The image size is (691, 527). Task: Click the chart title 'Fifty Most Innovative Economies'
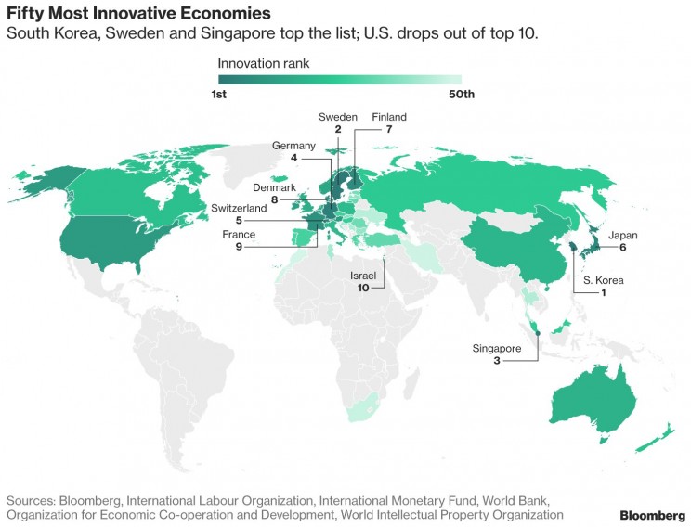pyautogui.click(x=139, y=14)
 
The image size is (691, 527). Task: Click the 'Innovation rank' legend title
pyautogui.click(x=264, y=64)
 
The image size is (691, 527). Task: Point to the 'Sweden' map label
pyautogui.click(x=337, y=117)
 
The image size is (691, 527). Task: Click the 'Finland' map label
pyautogui.click(x=389, y=117)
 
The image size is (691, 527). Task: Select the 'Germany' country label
pyautogui.click(x=293, y=146)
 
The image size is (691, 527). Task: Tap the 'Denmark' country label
pyautogui.click(x=273, y=186)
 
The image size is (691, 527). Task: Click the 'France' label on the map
pyautogui.click(x=238, y=235)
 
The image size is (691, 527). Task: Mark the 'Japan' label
pyautogui.click(x=623, y=236)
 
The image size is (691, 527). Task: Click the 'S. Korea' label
pyautogui.click(x=604, y=280)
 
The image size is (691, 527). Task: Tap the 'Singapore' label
pyautogui.click(x=497, y=348)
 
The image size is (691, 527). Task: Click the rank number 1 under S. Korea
pyautogui.click(x=604, y=293)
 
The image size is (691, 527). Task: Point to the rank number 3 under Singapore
pyautogui.click(x=497, y=360)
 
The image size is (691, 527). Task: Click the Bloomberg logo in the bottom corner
pyautogui.click(x=653, y=515)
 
